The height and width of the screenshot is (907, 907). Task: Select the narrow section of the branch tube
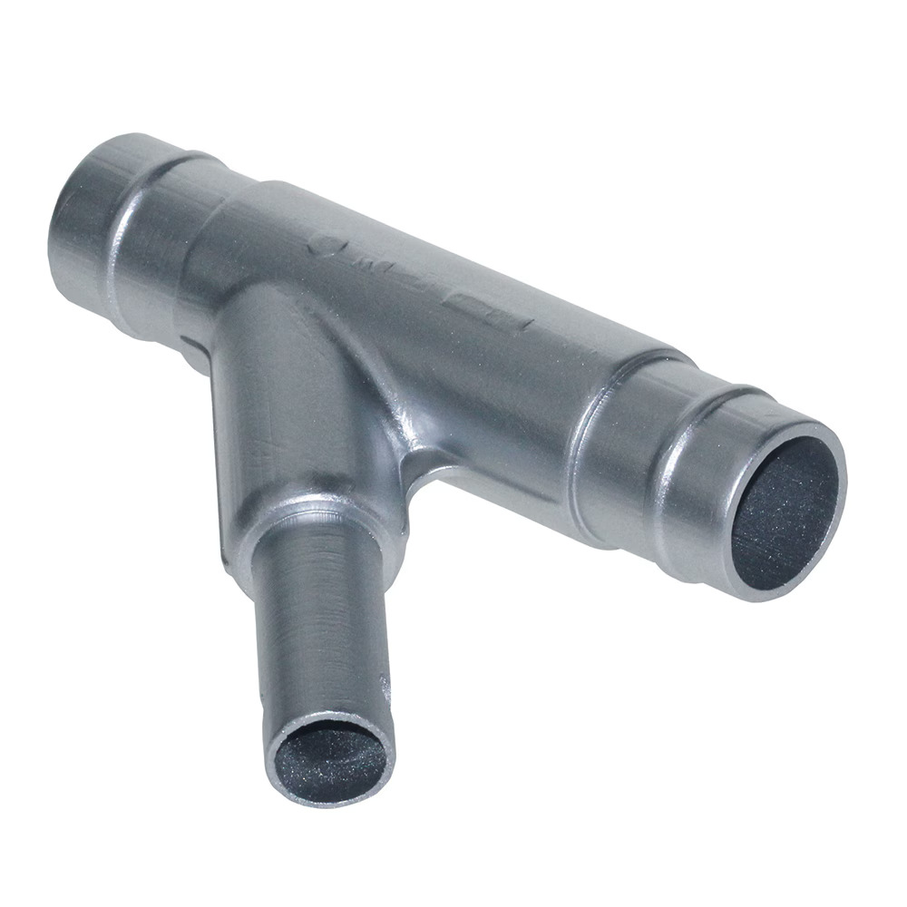[x=317, y=617]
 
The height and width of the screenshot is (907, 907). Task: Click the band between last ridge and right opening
[x=717, y=508]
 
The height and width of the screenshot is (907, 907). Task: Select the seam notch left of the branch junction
[x=190, y=349]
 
